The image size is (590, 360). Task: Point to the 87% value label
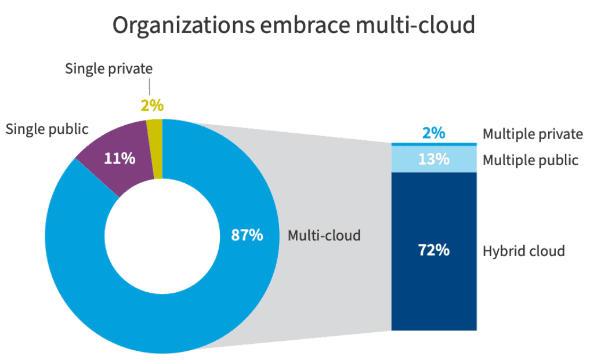point(247,235)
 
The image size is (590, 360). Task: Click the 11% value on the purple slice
point(120,159)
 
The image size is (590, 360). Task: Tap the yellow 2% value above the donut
point(152,106)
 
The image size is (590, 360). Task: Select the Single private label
point(108,68)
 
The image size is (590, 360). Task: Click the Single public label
point(47,129)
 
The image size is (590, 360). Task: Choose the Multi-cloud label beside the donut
point(324,235)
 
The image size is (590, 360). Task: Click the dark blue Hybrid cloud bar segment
point(434,278)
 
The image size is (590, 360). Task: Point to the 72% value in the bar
point(434,250)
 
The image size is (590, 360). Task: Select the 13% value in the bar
point(434,159)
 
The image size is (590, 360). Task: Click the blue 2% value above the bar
point(434,133)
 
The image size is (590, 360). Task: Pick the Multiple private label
point(533,134)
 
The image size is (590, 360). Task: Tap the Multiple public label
point(530,160)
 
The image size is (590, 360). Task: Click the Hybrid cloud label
point(523,251)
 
